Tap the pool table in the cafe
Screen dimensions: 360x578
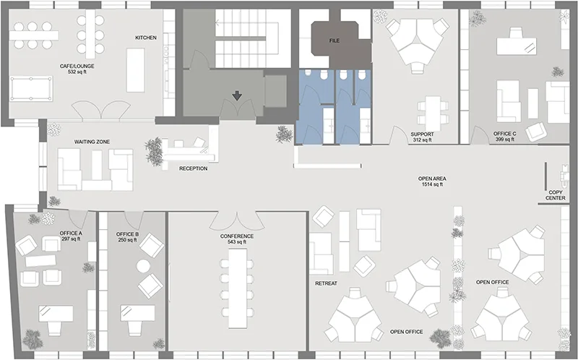tap(32, 88)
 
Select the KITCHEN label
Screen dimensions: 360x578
tap(146, 38)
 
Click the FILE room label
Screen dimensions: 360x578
tap(334, 41)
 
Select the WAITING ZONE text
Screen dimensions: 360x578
tap(91, 142)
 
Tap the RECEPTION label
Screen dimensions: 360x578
tap(194, 168)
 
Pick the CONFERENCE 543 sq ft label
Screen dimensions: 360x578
tap(237, 239)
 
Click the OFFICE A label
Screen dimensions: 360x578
tap(70, 236)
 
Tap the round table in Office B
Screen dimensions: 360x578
tap(143, 266)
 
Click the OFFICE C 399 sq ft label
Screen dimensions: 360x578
tap(504, 137)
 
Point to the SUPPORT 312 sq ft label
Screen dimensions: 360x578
tap(421, 137)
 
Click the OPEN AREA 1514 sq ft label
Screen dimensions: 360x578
tap(432, 181)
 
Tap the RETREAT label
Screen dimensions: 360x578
tap(327, 283)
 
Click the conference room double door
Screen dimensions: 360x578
tap(237, 217)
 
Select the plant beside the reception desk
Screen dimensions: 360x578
tap(154, 152)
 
